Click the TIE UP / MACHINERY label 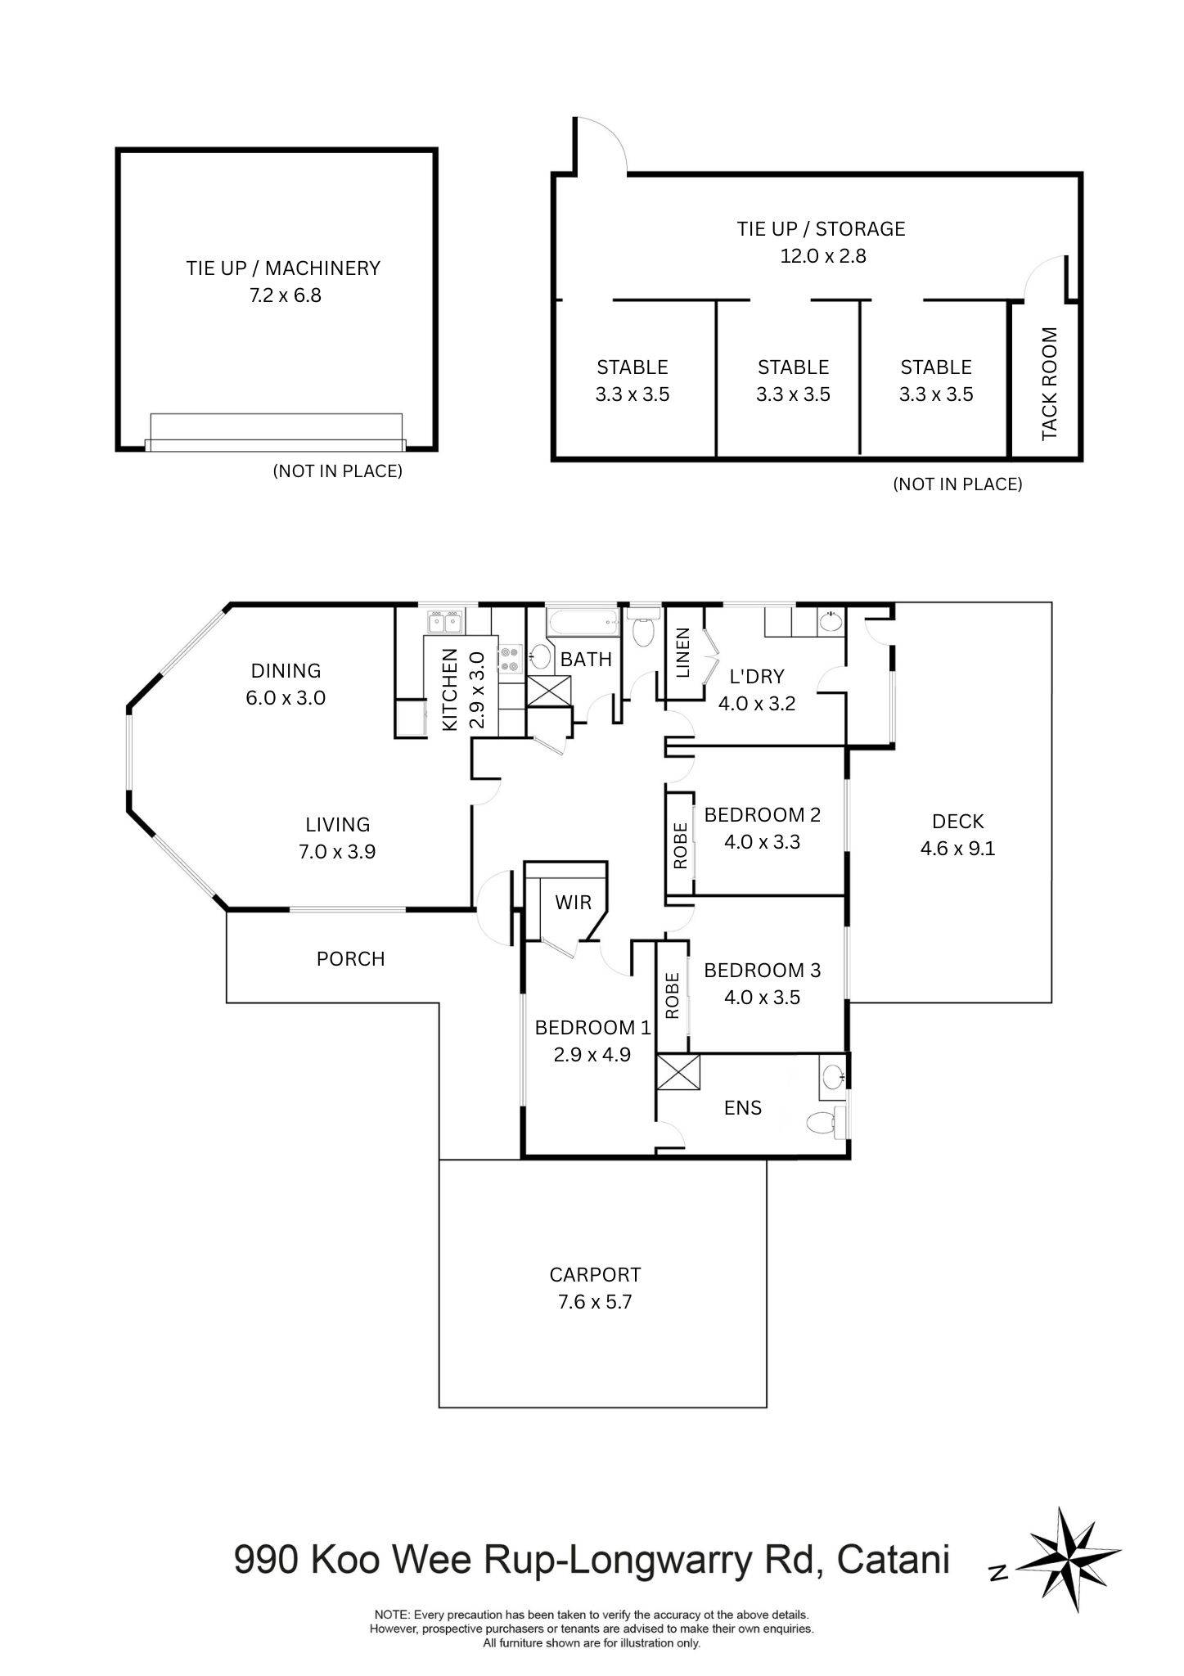282,268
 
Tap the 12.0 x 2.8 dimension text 822,256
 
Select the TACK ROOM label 1050,384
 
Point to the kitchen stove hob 511,659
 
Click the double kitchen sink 444,622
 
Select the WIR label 573,903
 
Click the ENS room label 743,1107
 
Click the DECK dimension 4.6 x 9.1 957,849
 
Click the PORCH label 350,958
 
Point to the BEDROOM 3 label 762,971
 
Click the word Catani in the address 894,1560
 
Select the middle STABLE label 793,367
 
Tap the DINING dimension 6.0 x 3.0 286,698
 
